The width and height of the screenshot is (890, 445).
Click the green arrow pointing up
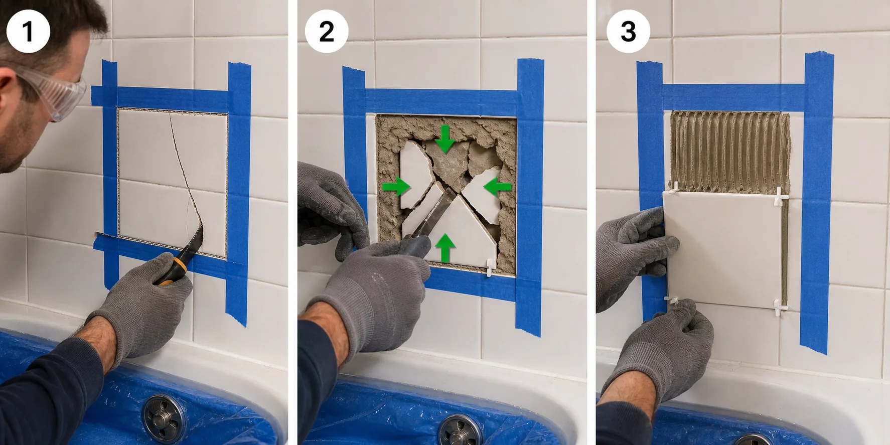[x=445, y=248]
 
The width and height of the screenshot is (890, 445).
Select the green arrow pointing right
[x=396, y=187]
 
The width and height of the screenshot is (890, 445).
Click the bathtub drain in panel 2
[x=460, y=431]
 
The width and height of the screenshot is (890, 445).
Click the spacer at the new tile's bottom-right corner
[x=779, y=307]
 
